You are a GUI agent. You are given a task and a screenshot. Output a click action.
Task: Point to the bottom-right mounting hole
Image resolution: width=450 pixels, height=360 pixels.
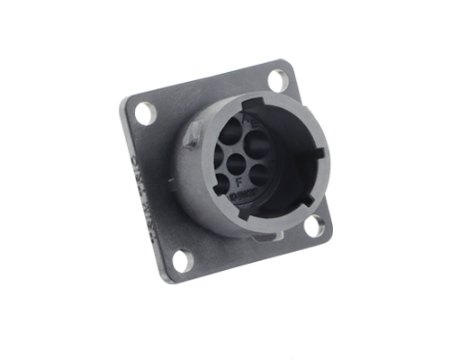coord(314,226)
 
